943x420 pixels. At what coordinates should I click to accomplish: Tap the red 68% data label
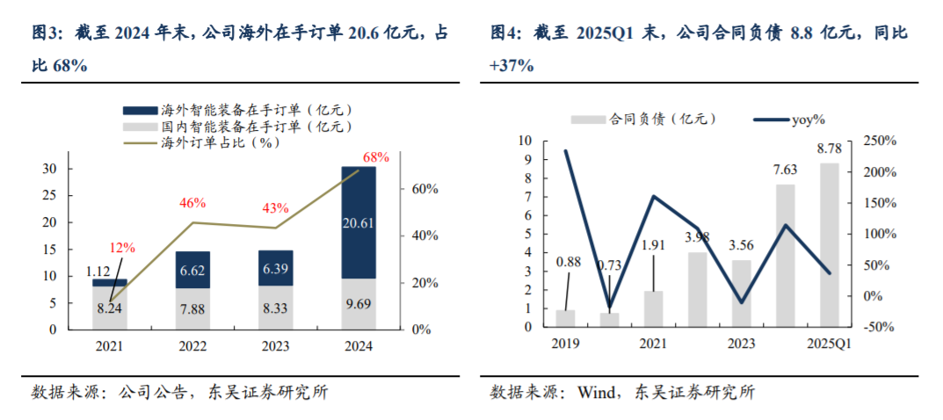pyautogui.click(x=375, y=157)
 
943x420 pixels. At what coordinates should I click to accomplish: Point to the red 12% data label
pyautogui.click(x=123, y=248)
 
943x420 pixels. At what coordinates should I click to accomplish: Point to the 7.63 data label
pyautogui.click(x=785, y=170)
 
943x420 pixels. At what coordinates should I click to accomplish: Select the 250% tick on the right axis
pyautogui.click(x=878, y=141)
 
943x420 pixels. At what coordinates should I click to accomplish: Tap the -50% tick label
pyautogui.click(x=877, y=327)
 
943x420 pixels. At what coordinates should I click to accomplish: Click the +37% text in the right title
pyautogui.click(x=511, y=66)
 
